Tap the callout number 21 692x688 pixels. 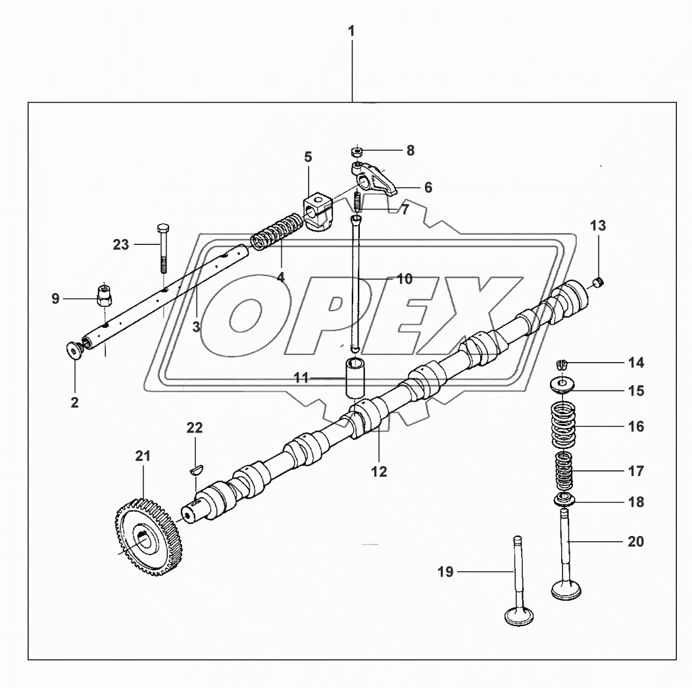143,456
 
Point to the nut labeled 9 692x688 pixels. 104,295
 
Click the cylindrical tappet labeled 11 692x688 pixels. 356,378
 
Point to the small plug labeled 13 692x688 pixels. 597,282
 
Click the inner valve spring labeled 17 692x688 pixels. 564,471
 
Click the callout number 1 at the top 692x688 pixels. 352,30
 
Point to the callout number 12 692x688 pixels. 379,471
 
